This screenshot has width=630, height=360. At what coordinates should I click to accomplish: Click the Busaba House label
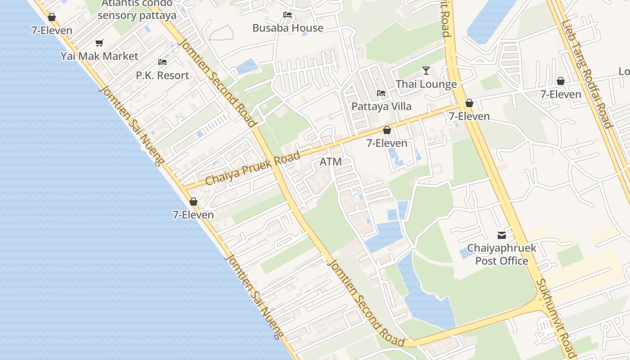[x=288, y=28]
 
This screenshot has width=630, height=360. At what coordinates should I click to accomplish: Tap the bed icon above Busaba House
[x=288, y=15]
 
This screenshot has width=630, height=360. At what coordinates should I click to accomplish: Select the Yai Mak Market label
[x=99, y=56]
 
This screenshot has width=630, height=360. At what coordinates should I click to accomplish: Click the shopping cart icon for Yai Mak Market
[x=99, y=43]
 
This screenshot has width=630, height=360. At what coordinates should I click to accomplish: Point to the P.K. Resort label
[x=162, y=75]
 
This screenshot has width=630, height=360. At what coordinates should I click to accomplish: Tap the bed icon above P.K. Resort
[x=162, y=62]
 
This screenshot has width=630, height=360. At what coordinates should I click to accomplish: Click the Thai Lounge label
[x=426, y=84]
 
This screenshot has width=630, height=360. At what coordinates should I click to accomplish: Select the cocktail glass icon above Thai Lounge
[x=426, y=71]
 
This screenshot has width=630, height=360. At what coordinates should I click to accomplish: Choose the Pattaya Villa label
[x=381, y=107]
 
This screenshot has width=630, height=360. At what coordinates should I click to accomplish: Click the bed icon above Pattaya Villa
[x=381, y=94]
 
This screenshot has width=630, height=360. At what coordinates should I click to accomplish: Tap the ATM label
[x=331, y=162]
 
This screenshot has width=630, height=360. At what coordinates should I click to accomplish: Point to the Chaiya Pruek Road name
[x=252, y=169]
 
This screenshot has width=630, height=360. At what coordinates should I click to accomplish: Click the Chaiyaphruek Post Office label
[x=502, y=254]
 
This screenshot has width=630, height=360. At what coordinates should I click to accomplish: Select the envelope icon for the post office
[x=501, y=235]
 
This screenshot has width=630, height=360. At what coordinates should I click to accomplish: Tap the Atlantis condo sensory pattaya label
[x=137, y=9]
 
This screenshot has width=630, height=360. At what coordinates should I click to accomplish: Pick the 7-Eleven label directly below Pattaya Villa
[x=387, y=143]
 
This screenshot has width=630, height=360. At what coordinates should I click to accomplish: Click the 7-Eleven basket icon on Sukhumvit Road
[x=469, y=103]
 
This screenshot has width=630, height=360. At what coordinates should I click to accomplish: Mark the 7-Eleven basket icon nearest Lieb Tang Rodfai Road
[x=561, y=81]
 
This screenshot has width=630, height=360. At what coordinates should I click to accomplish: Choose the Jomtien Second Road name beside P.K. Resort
[x=218, y=83]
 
